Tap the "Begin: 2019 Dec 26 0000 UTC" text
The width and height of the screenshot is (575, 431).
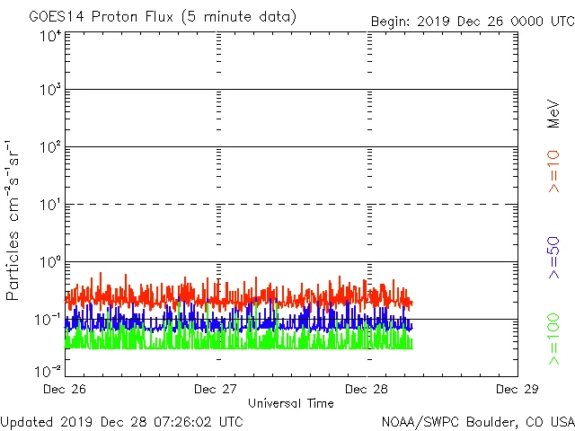pos(473,20)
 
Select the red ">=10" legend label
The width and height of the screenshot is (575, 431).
pos(553,171)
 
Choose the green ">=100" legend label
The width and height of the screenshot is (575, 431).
pos(553,339)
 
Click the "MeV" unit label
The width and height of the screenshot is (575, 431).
pos(553,113)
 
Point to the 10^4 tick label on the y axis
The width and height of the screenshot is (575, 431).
pos(49,36)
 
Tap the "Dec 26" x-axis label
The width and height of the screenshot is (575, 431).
pos(65,390)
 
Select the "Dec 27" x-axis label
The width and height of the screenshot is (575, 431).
pos(216,390)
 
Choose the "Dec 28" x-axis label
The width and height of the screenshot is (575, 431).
pos(367,390)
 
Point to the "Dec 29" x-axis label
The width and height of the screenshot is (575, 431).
pos(516,390)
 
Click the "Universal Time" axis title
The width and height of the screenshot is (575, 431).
pos(291,403)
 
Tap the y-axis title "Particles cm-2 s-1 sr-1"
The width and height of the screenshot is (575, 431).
pos(16,219)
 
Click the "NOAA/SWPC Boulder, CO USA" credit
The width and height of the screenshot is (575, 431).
pos(477,421)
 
